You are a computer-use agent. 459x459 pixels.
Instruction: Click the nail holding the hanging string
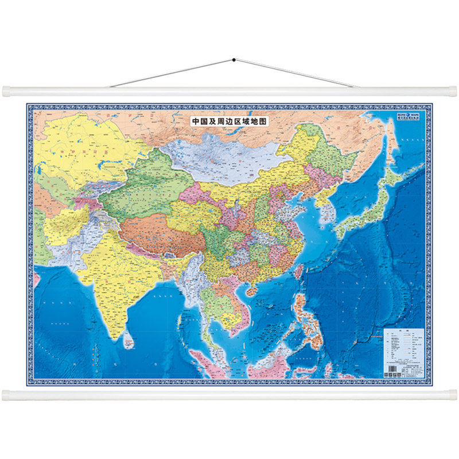(x=234, y=59)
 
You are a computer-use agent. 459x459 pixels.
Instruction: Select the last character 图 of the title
(x=264, y=122)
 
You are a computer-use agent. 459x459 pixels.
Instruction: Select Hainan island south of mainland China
(x=251, y=291)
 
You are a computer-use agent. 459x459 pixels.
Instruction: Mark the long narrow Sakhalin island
(x=391, y=138)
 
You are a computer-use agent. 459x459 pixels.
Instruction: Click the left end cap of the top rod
(x=6, y=91)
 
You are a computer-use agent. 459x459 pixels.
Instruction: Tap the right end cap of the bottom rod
(x=453, y=395)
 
